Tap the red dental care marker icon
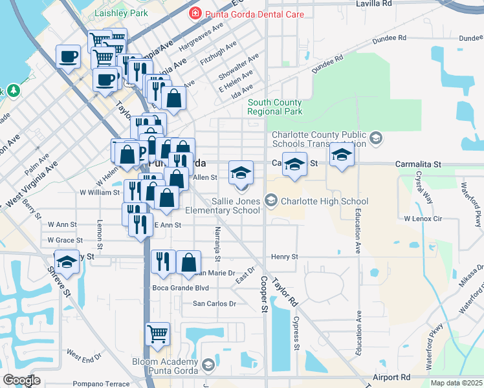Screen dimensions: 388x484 click(194, 13)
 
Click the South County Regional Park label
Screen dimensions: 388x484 click(275, 107)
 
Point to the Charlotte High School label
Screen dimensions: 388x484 click(324, 202)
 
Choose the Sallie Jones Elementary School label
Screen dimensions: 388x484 click(222, 206)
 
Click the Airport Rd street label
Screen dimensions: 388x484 click(391, 376)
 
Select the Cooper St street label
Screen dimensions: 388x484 click(264, 294)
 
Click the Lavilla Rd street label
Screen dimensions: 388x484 click(375, 4)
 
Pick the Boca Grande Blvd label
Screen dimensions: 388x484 click(181, 288)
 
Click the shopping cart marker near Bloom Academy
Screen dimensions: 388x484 click(157, 334)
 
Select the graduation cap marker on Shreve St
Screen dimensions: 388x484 click(67, 262)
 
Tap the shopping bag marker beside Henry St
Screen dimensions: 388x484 click(188, 262)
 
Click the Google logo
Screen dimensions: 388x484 click(22, 380)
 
